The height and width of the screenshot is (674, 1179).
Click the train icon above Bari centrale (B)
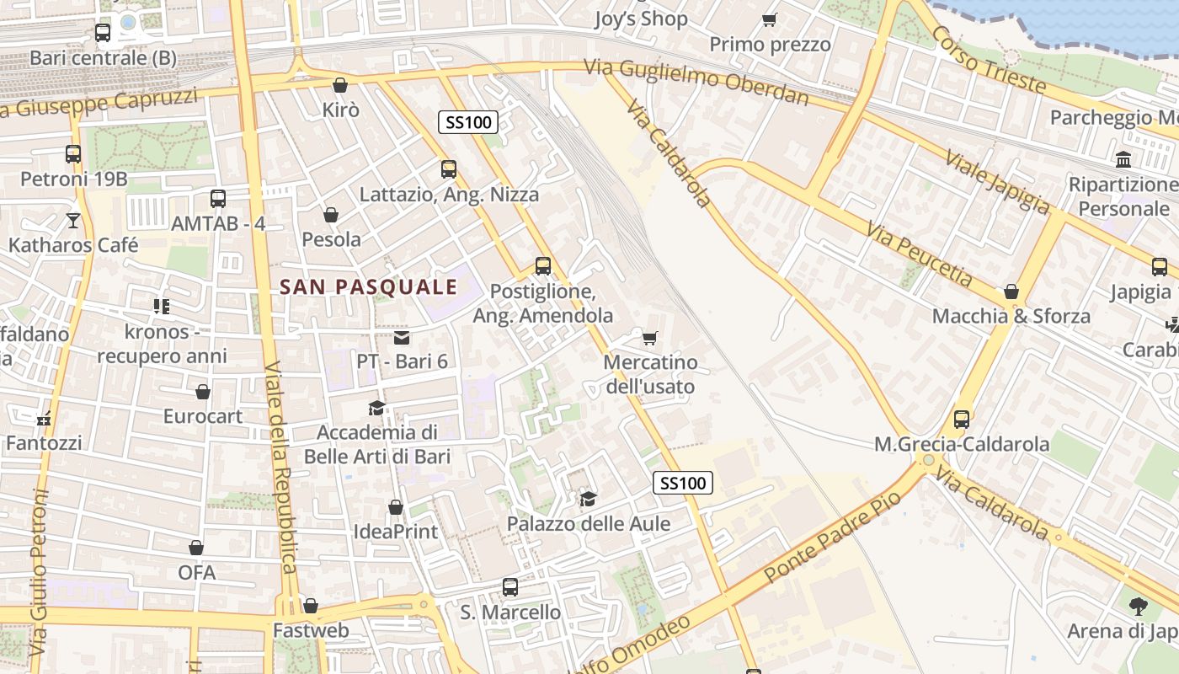103,33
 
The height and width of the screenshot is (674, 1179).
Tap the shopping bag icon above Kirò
340,85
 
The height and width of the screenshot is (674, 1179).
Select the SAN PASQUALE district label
368,287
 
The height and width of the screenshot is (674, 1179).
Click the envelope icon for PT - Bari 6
402,338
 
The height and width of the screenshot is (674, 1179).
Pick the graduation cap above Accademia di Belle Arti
376,409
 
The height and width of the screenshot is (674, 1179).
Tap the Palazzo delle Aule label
588,524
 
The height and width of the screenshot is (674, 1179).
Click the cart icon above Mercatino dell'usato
649,339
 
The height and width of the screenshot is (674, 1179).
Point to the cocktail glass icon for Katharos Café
73,221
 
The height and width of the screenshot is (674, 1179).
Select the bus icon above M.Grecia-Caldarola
961,420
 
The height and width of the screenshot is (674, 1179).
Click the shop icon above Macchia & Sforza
1011,292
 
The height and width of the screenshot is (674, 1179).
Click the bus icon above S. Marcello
510,587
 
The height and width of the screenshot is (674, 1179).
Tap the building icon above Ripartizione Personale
1123,159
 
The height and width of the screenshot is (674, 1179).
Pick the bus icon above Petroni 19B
73,154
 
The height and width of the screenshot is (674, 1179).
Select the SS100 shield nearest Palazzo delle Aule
682,483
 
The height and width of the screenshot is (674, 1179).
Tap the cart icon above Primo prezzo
769,19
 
